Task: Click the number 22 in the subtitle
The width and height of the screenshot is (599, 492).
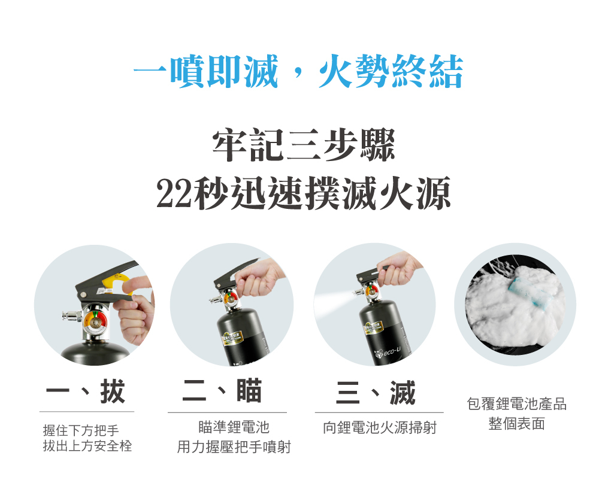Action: (x=174, y=193)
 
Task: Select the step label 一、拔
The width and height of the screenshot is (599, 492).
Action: (x=86, y=393)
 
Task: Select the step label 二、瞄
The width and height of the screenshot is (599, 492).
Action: (x=222, y=391)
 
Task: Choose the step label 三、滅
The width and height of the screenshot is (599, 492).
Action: (x=376, y=393)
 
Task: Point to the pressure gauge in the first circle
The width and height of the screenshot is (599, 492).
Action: (x=93, y=321)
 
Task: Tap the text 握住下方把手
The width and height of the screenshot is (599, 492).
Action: (x=81, y=430)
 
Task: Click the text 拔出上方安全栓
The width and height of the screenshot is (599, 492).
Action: (x=87, y=446)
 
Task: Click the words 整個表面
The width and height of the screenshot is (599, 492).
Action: (x=516, y=424)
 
